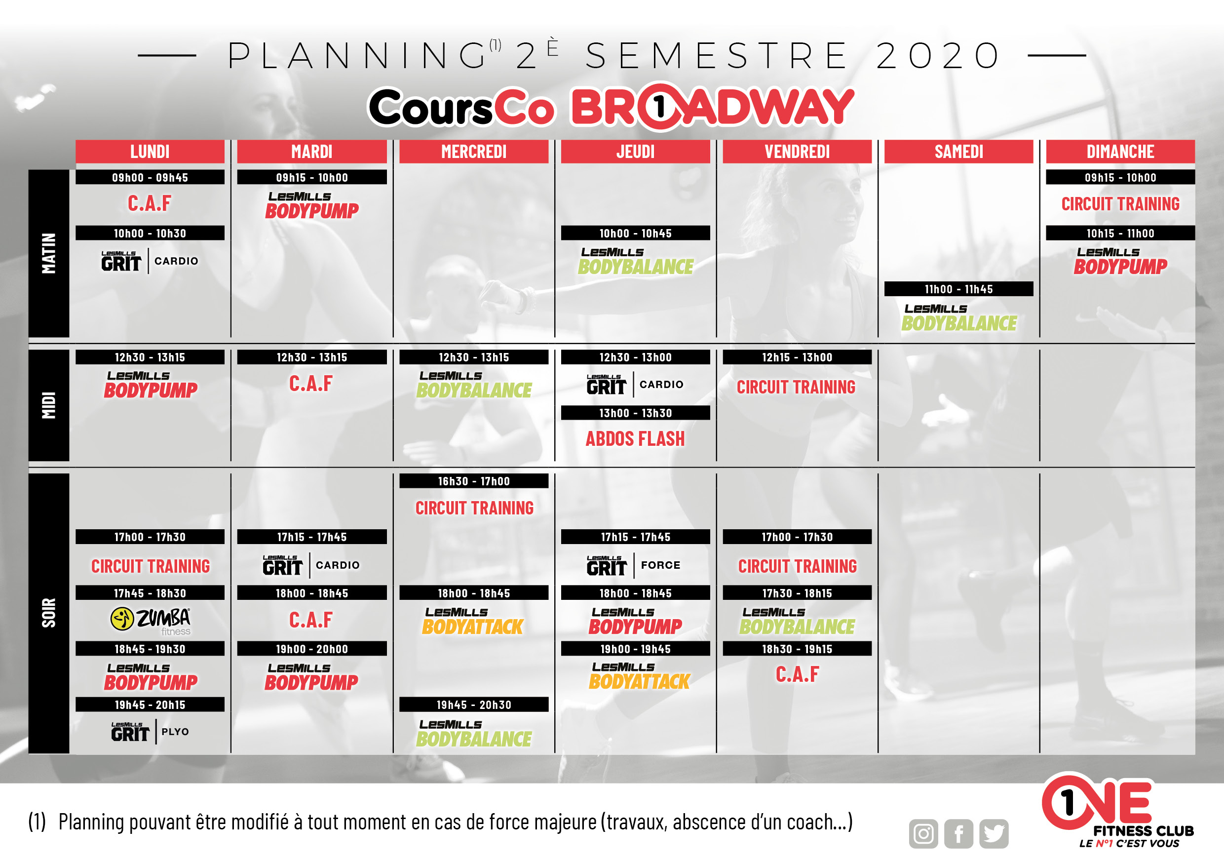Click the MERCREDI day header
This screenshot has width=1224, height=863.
coord(473,152)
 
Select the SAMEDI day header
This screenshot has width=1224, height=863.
coord(958,152)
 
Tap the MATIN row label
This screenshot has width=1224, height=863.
coord(48,253)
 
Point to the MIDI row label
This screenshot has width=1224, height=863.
coord(48,405)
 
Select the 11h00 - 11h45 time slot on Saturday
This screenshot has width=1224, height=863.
coord(958,289)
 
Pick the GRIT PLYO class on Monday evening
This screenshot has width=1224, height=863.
coord(150,732)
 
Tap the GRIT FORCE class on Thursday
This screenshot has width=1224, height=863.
coord(633,565)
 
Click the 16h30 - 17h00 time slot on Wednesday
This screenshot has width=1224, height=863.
coord(473,481)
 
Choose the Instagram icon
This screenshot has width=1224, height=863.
coord(923,834)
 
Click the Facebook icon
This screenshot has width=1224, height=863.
coord(958,834)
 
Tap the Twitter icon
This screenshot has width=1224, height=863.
coord(994,834)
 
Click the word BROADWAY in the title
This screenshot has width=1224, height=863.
coord(712,107)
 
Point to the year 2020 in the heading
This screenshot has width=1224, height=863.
coord(938,55)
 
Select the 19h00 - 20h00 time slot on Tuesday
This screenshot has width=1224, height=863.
coord(312,649)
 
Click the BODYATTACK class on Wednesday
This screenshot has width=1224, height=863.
coord(472,622)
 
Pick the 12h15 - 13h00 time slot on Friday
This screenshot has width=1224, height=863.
coord(797,357)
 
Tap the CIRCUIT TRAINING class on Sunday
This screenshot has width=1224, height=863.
coord(1120,204)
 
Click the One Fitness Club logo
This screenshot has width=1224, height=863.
coord(1117,811)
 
